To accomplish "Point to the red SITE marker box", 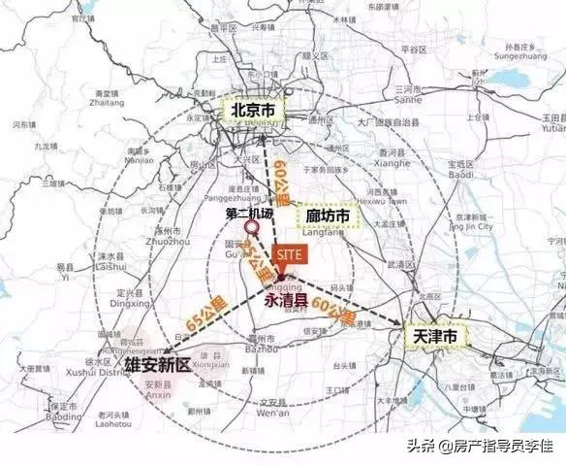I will tap(290, 252).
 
